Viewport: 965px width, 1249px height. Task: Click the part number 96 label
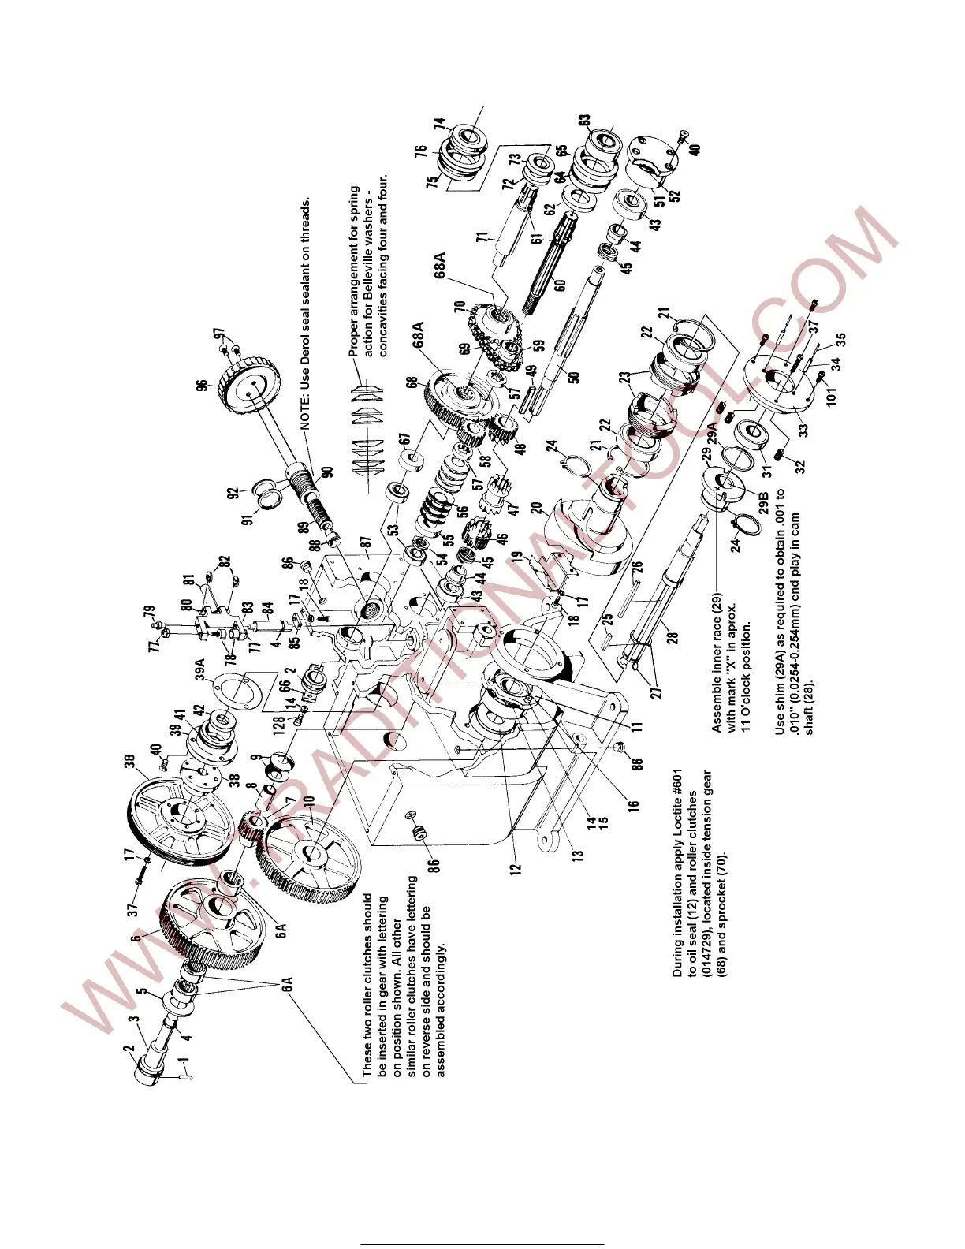[x=203, y=386]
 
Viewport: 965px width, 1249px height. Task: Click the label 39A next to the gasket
[x=200, y=669]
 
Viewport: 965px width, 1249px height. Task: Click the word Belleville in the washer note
[x=369, y=239]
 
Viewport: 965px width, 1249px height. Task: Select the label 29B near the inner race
[x=762, y=501]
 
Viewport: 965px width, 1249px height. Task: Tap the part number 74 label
[x=439, y=125]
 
